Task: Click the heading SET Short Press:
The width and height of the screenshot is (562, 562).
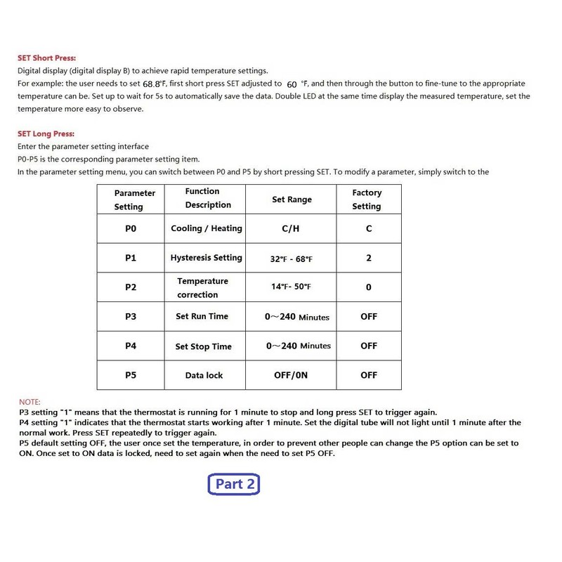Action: point(46,58)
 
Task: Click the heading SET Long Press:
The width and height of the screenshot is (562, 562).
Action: point(46,133)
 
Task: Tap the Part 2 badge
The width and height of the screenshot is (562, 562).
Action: point(235,483)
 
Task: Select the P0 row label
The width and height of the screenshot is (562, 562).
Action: point(130,228)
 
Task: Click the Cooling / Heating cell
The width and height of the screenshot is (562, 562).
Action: point(206,228)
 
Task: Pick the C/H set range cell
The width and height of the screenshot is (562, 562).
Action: point(291,228)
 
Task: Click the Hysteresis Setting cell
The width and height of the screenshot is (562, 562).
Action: point(206,258)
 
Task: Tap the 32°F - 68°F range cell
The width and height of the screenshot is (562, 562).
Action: point(291,259)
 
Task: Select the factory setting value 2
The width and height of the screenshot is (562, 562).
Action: point(369,258)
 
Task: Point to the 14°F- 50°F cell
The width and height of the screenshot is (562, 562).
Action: point(291,287)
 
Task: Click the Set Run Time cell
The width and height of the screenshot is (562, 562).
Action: point(202,316)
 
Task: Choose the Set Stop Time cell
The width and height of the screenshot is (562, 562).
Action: point(203,346)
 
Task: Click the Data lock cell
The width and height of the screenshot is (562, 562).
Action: point(204,375)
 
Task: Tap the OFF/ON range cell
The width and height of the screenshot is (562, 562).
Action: point(291,375)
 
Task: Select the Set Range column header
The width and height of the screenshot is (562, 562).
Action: point(292,200)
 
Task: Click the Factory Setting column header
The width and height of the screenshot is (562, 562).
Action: point(367,200)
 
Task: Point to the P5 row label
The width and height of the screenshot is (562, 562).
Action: point(130,375)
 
